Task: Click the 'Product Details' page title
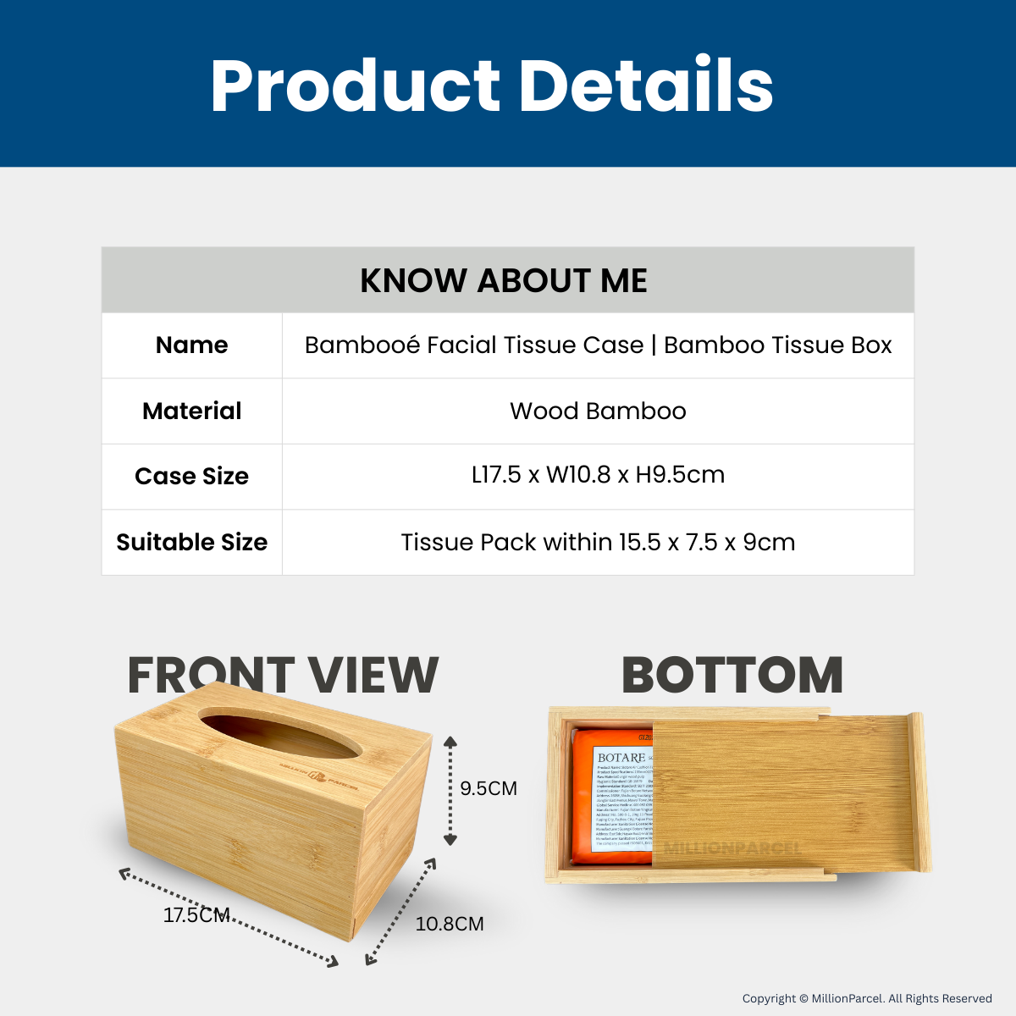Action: click(x=492, y=86)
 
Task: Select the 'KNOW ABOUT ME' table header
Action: click(x=504, y=280)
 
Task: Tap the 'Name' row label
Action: click(x=191, y=345)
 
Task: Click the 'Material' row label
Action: click(x=191, y=411)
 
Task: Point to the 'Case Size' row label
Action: click(x=191, y=476)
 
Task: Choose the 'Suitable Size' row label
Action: click(x=191, y=542)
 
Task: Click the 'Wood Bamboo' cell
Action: click(x=598, y=411)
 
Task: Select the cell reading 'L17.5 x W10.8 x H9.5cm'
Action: click(x=598, y=475)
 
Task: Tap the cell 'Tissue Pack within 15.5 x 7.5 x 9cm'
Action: click(x=598, y=542)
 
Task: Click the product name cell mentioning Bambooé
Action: click(x=598, y=345)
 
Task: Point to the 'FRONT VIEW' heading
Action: click(x=283, y=676)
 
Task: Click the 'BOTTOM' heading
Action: click(x=732, y=676)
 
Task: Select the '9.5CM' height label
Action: click(x=489, y=788)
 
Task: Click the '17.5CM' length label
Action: click(x=196, y=915)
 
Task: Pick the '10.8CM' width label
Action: click(x=450, y=924)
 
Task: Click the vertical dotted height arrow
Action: click(x=450, y=791)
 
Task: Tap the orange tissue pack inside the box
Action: click(x=610, y=796)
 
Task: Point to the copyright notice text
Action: click(x=867, y=998)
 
